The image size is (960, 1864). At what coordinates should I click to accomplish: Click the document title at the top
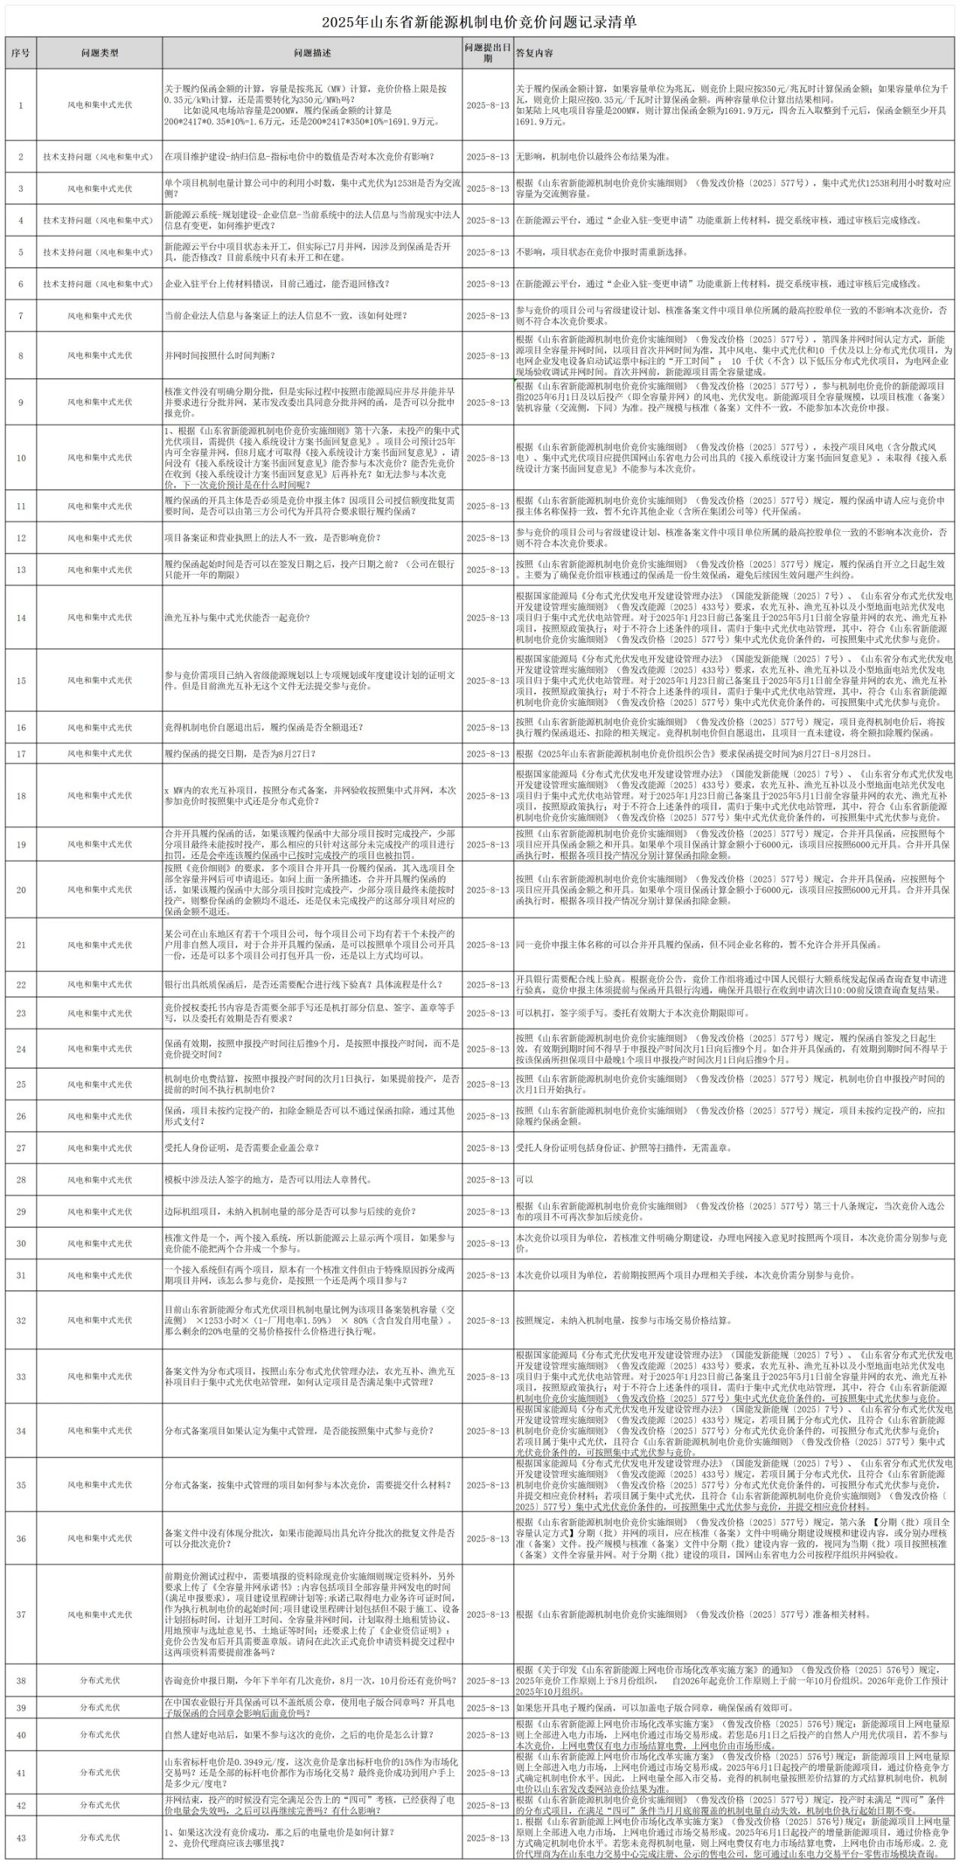(x=480, y=23)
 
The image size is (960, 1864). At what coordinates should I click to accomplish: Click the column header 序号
(x=21, y=53)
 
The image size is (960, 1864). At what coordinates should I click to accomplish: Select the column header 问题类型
(x=100, y=53)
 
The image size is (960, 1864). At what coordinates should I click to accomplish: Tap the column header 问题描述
(x=312, y=53)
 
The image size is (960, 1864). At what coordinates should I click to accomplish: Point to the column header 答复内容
(x=535, y=53)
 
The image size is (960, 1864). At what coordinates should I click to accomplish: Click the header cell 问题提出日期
(x=487, y=53)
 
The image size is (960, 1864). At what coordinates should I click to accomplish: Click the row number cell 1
(x=21, y=105)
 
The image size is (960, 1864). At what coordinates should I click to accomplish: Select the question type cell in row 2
(x=100, y=157)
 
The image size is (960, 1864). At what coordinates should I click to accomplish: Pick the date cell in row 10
(x=487, y=458)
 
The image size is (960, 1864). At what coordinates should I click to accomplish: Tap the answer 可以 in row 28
(x=524, y=1179)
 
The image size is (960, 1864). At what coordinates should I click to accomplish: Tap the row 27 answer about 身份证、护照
(x=623, y=1148)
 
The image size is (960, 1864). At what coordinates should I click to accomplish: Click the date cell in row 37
(x=487, y=1614)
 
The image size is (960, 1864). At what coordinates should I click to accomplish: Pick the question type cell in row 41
(x=100, y=1772)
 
